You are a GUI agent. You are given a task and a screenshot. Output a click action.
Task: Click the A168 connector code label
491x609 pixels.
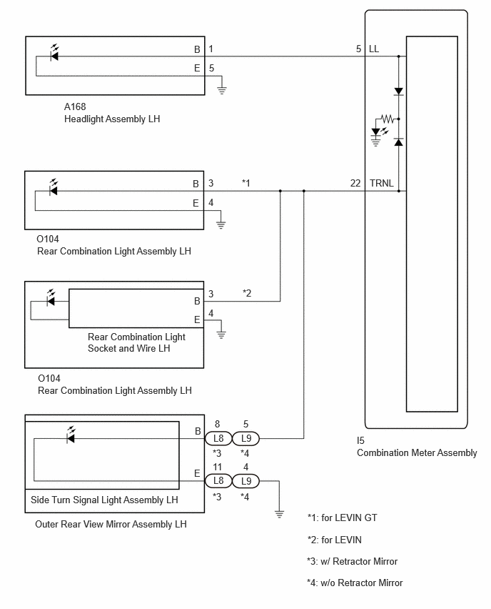click(x=75, y=107)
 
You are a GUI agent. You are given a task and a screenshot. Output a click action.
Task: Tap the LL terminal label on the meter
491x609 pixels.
click(x=374, y=49)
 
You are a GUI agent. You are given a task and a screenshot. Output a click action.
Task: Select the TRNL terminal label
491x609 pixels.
click(x=382, y=183)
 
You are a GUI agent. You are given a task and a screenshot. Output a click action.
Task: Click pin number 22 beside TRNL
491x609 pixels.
click(x=355, y=183)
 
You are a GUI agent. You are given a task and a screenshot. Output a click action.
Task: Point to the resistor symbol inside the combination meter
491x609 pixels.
click(x=387, y=119)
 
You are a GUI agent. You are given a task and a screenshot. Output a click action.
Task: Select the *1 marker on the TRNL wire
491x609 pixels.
click(x=246, y=183)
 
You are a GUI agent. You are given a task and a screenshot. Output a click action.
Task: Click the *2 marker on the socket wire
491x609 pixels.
click(x=247, y=293)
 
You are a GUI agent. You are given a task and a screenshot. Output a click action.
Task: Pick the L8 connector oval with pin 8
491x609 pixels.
click(x=218, y=438)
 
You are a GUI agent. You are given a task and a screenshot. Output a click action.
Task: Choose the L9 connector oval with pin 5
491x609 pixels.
click(x=246, y=438)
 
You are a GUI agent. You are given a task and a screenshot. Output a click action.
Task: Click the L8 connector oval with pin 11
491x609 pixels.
click(x=218, y=481)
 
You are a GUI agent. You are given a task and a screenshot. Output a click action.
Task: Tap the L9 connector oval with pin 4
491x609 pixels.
click(x=246, y=481)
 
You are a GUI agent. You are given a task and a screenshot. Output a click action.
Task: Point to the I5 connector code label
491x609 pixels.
click(x=360, y=440)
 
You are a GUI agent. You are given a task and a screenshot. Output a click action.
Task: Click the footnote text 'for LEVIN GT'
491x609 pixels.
click(x=349, y=518)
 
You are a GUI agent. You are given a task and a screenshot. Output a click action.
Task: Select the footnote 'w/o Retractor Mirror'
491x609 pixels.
click(x=361, y=583)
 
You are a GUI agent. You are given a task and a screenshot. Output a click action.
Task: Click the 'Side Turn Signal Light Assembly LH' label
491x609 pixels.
click(x=104, y=500)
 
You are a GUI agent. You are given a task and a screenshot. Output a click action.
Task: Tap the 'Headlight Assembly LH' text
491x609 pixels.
click(x=112, y=119)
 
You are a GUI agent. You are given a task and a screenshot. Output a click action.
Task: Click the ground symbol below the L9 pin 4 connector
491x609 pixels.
click(x=279, y=514)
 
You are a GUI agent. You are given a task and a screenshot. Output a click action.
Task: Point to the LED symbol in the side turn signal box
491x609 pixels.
click(x=71, y=435)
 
